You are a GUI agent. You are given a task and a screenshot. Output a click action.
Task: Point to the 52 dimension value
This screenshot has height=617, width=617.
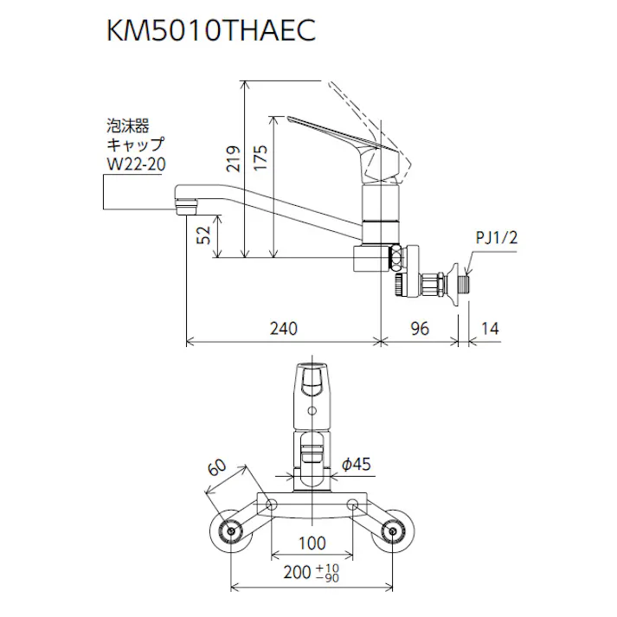(204, 235)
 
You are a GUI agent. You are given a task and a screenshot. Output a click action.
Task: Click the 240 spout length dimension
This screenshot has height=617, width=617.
(283, 328)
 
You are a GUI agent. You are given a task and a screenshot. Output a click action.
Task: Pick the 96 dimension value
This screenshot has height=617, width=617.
(420, 328)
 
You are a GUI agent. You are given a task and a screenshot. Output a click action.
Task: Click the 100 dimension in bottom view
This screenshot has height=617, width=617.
(312, 543)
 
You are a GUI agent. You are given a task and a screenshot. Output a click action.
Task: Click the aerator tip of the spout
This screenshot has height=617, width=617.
(184, 207)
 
